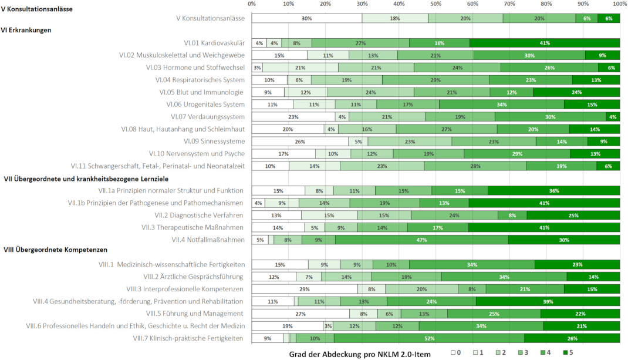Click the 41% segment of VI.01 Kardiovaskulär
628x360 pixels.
[x=545, y=43]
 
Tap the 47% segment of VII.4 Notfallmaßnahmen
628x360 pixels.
[x=421, y=240]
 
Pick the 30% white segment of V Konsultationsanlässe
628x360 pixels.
[x=306, y=18]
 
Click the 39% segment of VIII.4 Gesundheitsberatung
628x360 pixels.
[x=548, y=301]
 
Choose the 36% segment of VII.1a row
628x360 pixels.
[x=553, y=190]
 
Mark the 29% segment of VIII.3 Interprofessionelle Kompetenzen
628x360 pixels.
[x=305, y=289]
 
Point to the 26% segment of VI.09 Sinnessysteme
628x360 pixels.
[x=299, y=141]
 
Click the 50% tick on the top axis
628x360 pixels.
[x=436, y=4]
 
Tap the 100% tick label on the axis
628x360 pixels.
[x=619, y=4]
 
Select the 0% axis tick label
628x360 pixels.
[x=252, y=4]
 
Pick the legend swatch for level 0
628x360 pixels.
[x=454, y=353]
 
